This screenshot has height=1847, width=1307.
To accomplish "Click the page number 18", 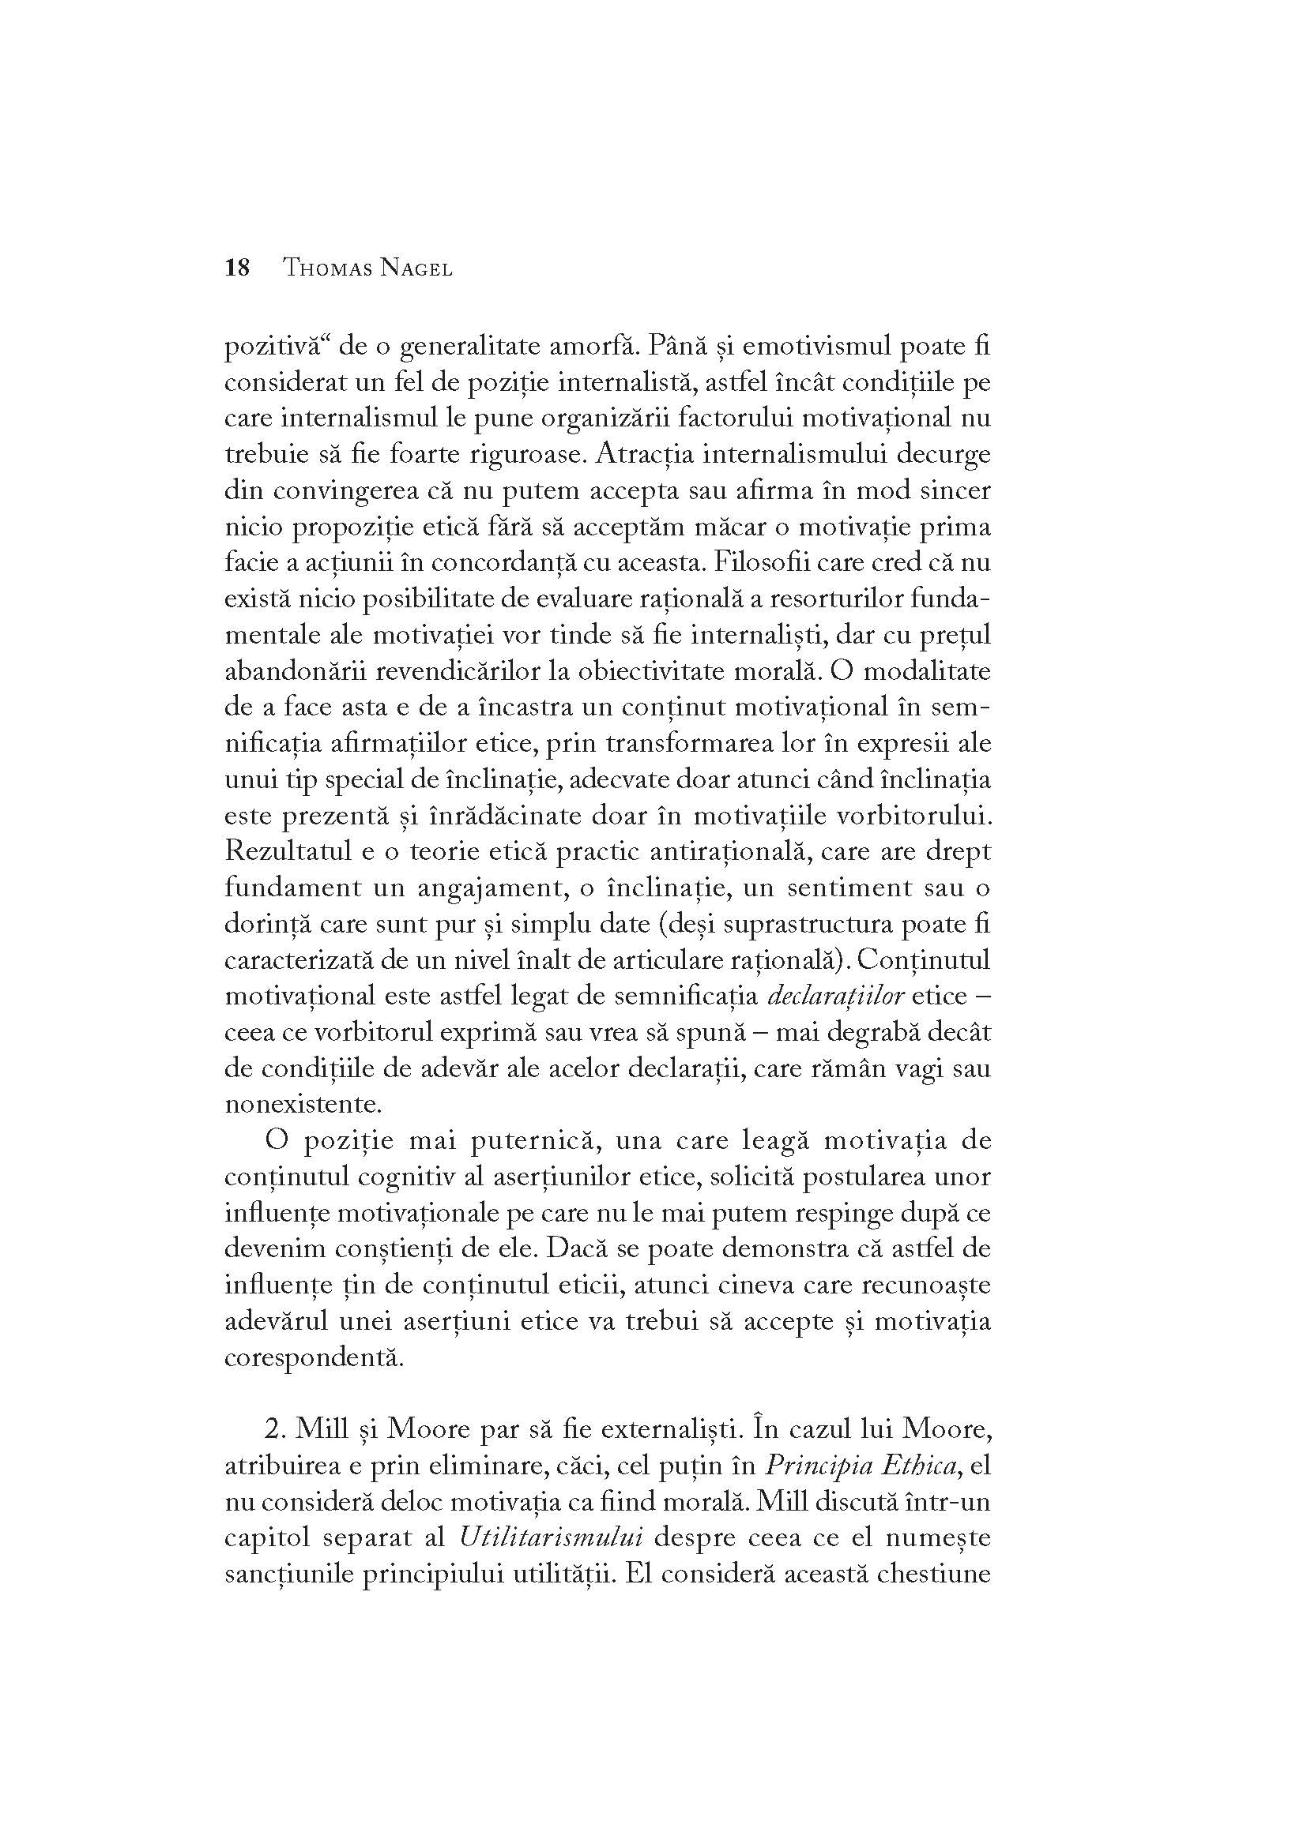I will (237, 268).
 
